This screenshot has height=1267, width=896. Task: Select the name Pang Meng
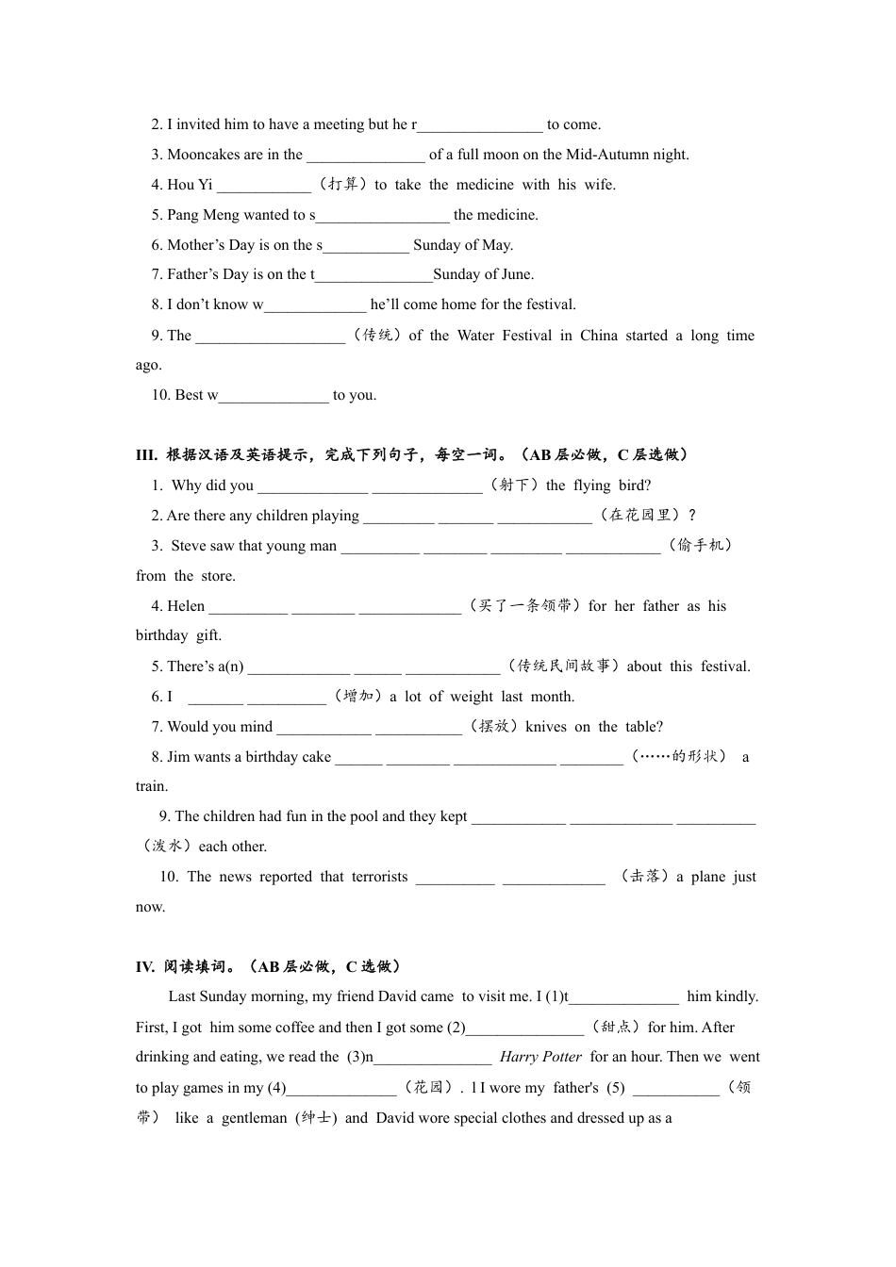click(203, 215)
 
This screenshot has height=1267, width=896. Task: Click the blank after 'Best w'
click(274, 396)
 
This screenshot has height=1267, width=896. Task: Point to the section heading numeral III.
click(146, 455)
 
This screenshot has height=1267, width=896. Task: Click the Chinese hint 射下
click(514, 485)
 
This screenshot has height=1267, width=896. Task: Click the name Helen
click(186, 606)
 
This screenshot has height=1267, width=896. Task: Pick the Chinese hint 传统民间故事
click(564, 666)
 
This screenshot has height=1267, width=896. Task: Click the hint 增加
click(358, 697)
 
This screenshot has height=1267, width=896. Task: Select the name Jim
click(177, 757)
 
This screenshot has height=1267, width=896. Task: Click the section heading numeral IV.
click(145, 966)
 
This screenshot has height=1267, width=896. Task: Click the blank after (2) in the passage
click(525, 1028)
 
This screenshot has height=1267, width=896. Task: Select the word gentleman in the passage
click(255, 1118)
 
